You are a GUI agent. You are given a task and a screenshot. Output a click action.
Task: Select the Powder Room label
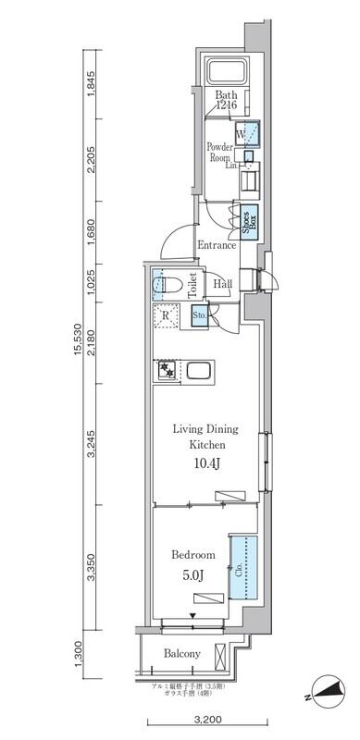(x=220, y=153)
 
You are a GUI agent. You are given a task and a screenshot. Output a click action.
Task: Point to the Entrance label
(x=217, y=246)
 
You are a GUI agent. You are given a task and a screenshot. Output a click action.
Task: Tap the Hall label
(x=223, y=285)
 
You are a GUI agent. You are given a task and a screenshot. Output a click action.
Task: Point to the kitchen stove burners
(x=168, y=371)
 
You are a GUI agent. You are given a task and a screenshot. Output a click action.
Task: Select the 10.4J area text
(x=205, y=462)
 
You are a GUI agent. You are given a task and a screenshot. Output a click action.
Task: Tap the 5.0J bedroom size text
(x=193, y=574)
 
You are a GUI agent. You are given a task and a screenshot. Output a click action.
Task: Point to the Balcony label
(x=182, y=654)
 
